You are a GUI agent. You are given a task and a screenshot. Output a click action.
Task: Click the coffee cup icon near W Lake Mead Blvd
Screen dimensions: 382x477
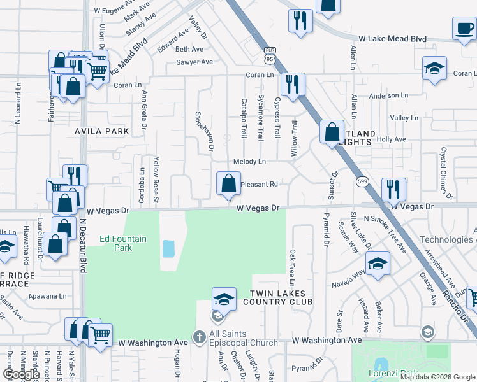464,29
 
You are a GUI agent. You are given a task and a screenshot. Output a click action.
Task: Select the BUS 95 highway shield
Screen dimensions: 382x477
269,55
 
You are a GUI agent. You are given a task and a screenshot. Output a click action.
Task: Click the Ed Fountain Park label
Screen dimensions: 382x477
123,243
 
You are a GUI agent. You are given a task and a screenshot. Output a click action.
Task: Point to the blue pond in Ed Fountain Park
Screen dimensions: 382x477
168,248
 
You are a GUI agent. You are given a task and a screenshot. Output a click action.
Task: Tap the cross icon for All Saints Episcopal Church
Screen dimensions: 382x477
199,336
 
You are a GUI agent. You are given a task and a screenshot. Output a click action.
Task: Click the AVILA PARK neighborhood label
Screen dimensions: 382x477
102,131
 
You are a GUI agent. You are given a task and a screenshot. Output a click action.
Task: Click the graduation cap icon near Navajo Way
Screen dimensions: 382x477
378,264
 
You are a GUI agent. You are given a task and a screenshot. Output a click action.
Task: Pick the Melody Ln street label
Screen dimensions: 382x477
249,162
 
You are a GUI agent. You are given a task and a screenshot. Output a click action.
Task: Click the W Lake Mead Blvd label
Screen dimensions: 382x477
392,39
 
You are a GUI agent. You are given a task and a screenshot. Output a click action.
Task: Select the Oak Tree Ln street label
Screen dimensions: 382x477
293,267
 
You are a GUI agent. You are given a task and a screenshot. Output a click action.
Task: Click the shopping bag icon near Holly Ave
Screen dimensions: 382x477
332,133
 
